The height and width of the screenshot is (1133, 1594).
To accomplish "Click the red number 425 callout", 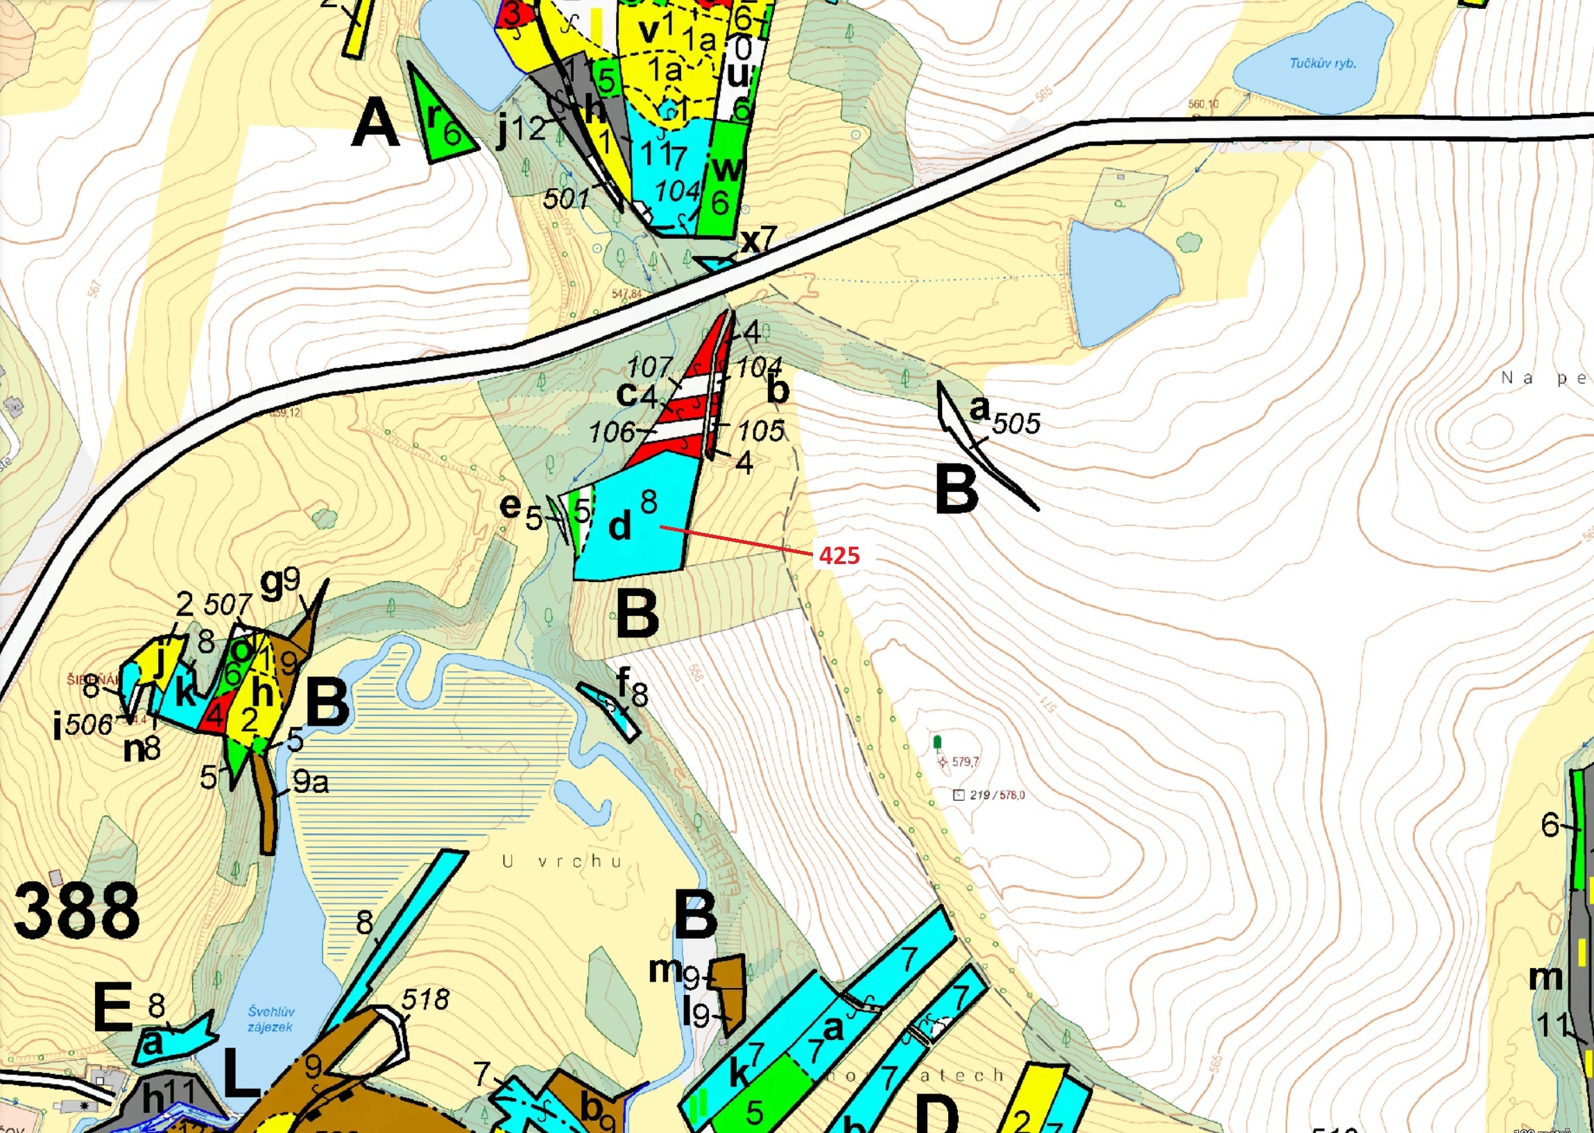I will (x=839, y=555).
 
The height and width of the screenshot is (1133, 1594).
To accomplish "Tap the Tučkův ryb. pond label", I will (x=1323, y=64).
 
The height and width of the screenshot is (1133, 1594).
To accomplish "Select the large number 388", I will (x=77, y=911).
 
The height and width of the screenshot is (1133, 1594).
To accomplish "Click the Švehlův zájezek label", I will (x=271, y=1019).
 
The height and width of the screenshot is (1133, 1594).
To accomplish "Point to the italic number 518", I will (x=425, y=1000).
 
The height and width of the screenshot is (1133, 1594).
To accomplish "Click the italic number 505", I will (x=1016, y=423).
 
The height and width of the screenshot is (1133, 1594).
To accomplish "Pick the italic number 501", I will (x=566, y=199).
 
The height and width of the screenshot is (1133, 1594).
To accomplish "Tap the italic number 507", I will (x=228, y=604).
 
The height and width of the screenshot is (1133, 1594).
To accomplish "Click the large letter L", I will (x=241, y=1075).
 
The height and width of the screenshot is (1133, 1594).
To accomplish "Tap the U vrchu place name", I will (x=562, y=862).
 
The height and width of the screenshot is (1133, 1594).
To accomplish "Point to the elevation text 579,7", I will (x=965, y=761).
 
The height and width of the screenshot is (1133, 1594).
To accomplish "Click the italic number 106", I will (x=612, y=432).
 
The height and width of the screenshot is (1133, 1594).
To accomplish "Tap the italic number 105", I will (x=760, y=430).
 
